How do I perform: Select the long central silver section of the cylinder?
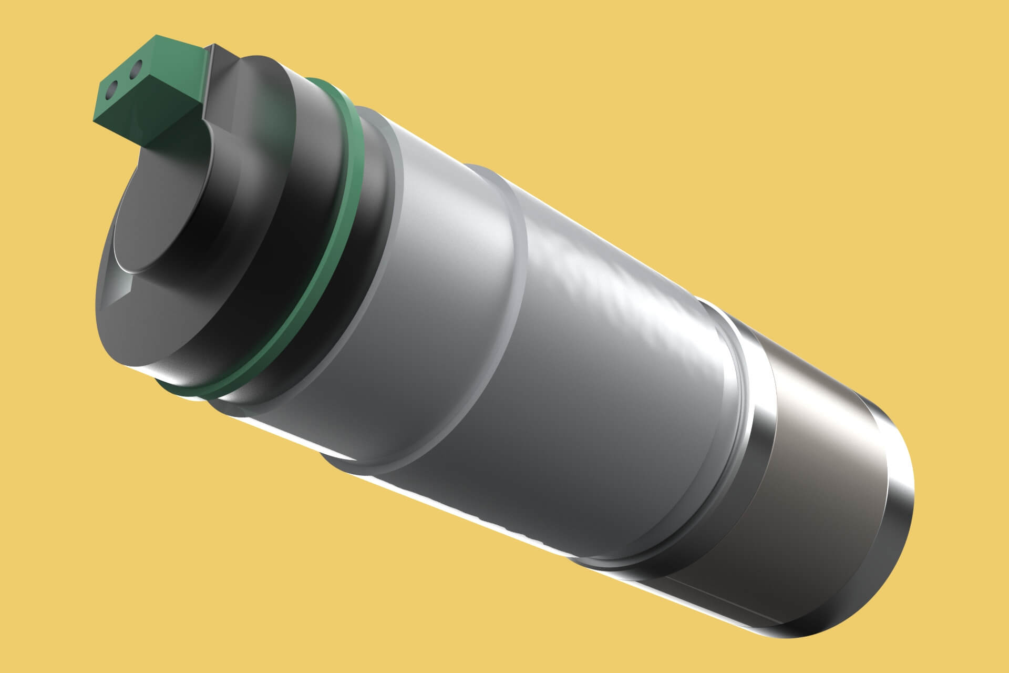604,368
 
